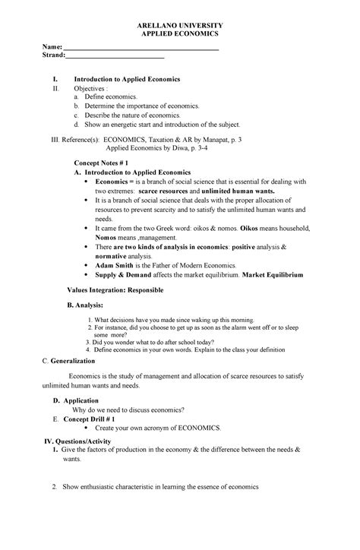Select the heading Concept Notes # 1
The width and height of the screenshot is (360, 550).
106,163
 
